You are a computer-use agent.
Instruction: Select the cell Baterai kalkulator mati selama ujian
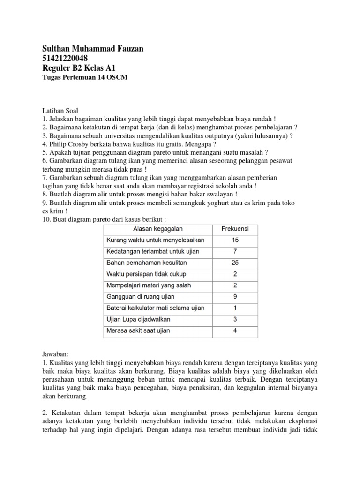tap(155, 308)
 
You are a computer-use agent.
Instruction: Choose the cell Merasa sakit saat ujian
tap(138, 330)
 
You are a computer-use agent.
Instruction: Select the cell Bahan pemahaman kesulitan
tap(147, 262)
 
